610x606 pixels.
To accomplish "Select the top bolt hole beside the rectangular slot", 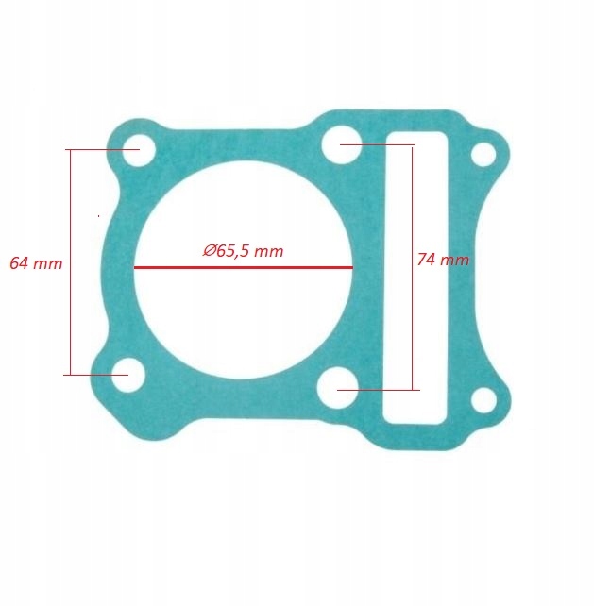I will pyautogui.click(x=338, y=145).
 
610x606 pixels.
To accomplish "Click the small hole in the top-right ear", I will pyautogui.click(x=483, y=154).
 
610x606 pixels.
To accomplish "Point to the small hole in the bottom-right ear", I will pyautogui.click(x=483, y=400).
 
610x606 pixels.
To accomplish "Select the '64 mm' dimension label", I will pyautogui.click(x=36, y=263).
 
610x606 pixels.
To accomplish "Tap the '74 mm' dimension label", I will pyautogui.click(x=443, y=260).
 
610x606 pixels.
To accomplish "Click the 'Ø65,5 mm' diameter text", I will pyautogui.click(x=243, y=251).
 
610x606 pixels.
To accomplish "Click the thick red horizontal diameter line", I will pyautogui.click(x=244, y=267).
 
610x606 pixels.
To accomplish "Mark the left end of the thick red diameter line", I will pyautogui.click(x=135, y=267).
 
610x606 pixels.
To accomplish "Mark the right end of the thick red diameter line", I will pyautogui.click(x=352, y=267).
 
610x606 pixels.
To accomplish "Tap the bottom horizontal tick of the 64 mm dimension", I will pyautogui.click(x=95, y=375).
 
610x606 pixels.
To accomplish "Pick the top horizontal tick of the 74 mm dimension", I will pyautogui.click(x=378, y=144).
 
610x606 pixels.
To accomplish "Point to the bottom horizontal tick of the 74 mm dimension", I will pyautogui.click(x=378, y=390).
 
